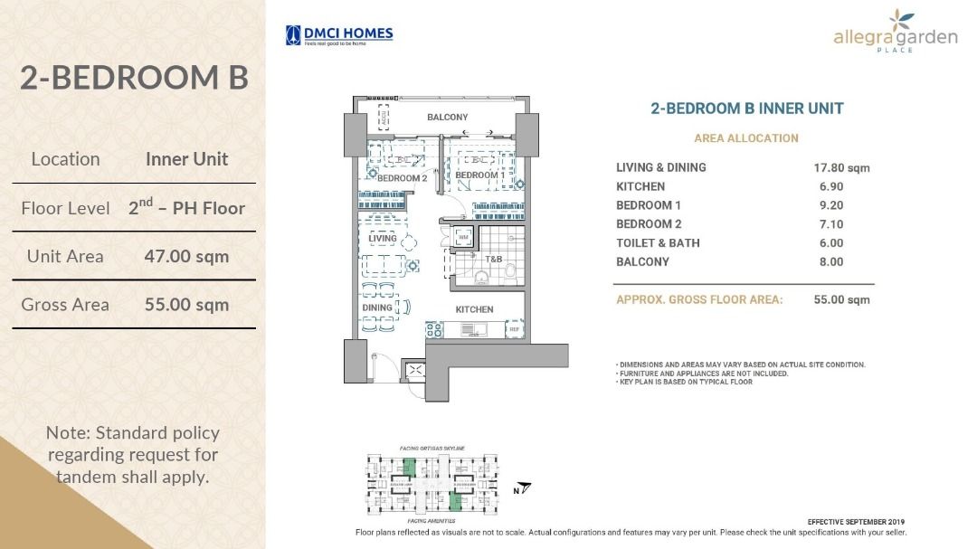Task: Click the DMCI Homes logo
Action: pos(339,35)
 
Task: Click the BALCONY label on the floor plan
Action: pos(448,118)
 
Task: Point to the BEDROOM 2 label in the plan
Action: pos(402,178)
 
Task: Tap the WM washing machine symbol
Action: pos(463,238)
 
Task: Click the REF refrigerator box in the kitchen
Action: pos(514,330)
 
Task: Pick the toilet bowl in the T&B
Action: pos(510,271)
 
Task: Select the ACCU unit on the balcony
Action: pos(383,116)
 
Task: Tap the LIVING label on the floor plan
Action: pos(383,239)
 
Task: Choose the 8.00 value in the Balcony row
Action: pos(830,261)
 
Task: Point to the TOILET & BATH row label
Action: pos(658,242)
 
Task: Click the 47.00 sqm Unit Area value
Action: pos(186,256)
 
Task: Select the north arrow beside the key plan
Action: pos(522,489)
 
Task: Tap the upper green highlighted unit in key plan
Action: pos(409,468)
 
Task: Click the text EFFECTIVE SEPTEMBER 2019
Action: pos(856,522)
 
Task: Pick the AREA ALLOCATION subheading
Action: pos(746,138)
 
